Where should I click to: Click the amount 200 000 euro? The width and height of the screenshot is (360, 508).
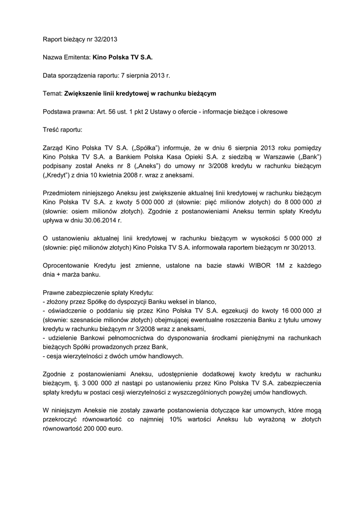(x=102, y=429)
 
